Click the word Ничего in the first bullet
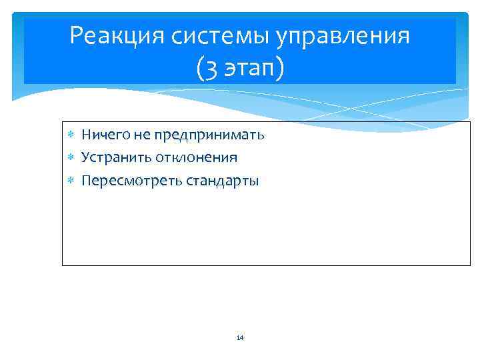105,135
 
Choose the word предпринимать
209,135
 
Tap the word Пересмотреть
123,181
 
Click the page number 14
240,338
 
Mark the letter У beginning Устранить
85,158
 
